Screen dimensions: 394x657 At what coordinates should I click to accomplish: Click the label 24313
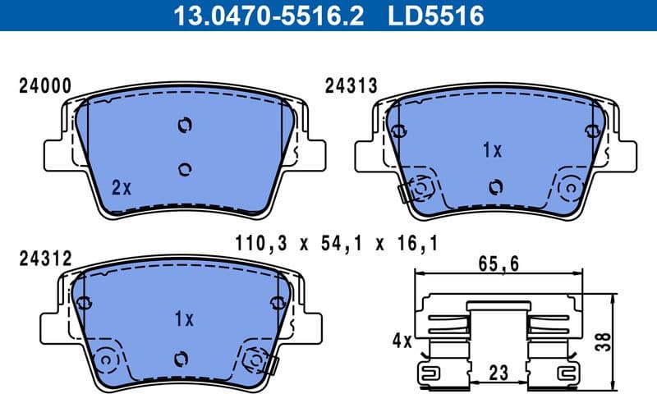(351, 85)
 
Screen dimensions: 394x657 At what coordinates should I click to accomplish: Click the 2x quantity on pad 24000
(122, 188)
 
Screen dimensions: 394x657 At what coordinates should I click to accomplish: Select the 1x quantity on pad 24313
(492, 150)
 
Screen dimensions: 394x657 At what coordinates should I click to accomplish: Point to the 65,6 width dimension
(498, 264)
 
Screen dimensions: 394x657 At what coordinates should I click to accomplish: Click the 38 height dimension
(628, 341)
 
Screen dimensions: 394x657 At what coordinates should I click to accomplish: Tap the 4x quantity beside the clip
(402, 339)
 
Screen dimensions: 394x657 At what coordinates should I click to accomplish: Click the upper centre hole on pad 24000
(184, 125)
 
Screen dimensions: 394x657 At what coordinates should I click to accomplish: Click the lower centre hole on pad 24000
(184, 168)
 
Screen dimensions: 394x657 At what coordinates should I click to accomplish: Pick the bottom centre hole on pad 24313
(494, 186)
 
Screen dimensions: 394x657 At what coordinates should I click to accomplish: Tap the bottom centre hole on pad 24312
(181, 359)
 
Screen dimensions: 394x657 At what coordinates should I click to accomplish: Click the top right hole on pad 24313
(590, 131)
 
